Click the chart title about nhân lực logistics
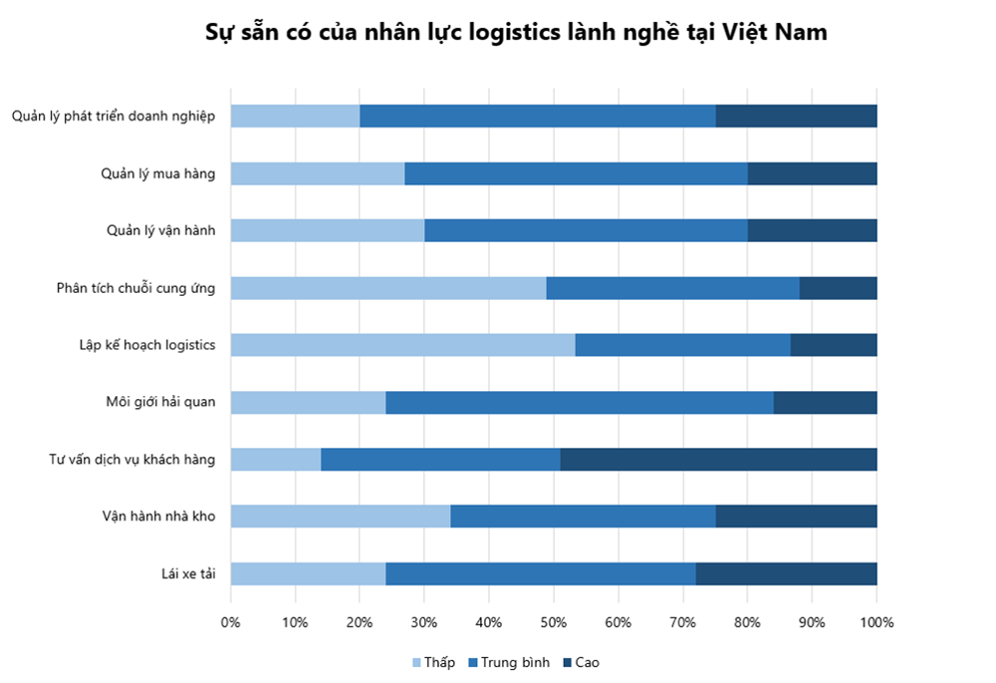(516, 32)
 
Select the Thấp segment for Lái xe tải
(308, 573)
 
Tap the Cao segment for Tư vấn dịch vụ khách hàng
(718, 459)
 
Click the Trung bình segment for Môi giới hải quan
(580, 402)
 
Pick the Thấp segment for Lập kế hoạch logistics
(402, 344)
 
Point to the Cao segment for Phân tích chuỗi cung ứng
(838, 288)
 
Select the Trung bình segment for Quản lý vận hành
(586, 230)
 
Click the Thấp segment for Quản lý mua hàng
(318, 173)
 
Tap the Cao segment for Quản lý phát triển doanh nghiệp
(796, 115)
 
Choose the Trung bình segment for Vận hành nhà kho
(583, 516)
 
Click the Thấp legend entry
(432, 662)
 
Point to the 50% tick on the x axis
(554, 622)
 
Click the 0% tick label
(231, 622)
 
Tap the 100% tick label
(876, 622)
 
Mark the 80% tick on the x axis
(747, 622)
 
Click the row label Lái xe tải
(188, 573)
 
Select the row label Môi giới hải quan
(160, 402)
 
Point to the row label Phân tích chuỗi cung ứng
(135, 288)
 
